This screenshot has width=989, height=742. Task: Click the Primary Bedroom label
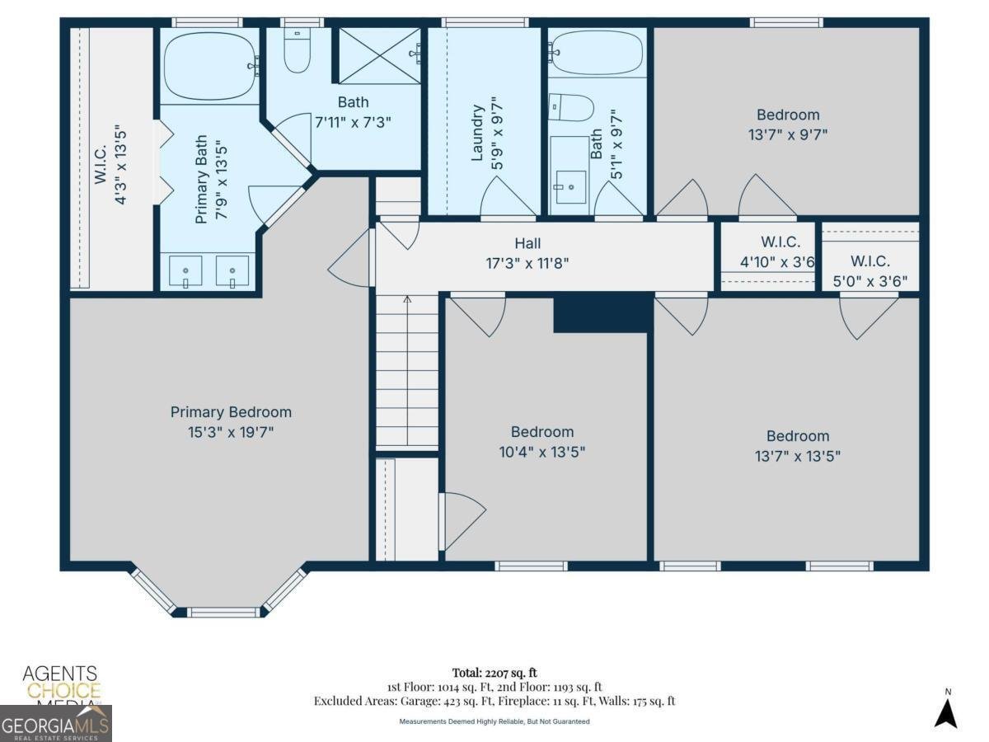click(x=231, y=412)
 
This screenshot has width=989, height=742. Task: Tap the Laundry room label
click(x=476, y=132)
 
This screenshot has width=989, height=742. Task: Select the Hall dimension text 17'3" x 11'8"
click(x=528, y=264)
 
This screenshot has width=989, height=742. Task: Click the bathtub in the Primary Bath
click(x=209, y=65)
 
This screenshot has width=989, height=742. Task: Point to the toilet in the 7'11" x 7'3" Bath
click(x=297, y=52)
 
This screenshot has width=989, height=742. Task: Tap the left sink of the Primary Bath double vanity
click(x=185, y=271)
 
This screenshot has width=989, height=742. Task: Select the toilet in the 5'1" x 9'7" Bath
click(x=572, y=106)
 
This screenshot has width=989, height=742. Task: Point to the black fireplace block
click(x=602, y=314)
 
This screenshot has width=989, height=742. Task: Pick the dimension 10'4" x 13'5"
click(x=541, y=452)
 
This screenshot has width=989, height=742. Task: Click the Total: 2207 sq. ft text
click(x=494, y=673)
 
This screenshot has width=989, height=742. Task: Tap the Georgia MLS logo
click(x=55, y=724)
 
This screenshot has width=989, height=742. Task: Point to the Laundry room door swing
click(x=508, y=198)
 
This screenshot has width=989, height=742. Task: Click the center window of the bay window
click(x=222, y=613)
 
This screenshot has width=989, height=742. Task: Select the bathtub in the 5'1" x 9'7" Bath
click(x=597, y=53)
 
